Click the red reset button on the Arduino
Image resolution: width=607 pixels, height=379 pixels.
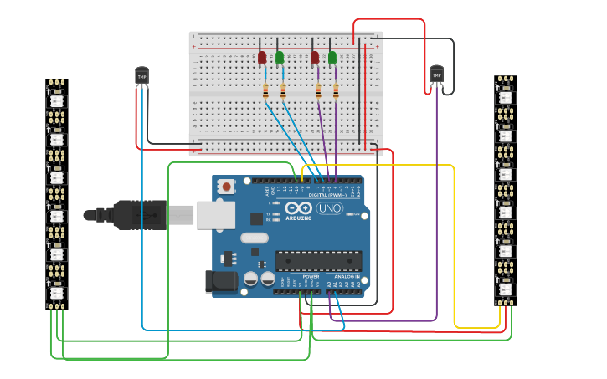pos(226,187)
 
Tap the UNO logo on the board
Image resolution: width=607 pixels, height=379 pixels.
pos(329,208)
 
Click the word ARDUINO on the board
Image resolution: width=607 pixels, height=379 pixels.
pos(298,218)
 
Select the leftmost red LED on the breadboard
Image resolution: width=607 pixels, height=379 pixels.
pos(262,57)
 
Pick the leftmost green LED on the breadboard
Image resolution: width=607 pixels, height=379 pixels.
pos(280,57)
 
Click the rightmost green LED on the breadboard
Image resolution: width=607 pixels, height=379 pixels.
pos(332,57)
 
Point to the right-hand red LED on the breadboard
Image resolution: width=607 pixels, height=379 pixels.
pos(315,57)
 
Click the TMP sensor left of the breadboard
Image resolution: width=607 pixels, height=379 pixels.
pos(141,76)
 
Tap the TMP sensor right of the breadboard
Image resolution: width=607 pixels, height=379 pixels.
pos(436,74)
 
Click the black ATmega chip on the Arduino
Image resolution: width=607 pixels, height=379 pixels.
pos(318,260)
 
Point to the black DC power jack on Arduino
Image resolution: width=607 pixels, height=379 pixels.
pos(219,282)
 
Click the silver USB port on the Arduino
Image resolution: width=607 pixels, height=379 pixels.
pos(215,214)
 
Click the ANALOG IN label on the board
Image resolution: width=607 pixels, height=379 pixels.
pos(347,276)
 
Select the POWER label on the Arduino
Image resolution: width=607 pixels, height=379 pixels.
pos(311,276)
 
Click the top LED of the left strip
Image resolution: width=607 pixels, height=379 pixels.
pos(57,100)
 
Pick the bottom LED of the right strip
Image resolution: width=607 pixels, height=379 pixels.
pos(505,289)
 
